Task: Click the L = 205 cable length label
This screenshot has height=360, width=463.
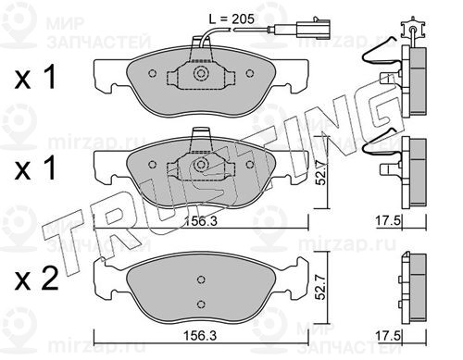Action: (x=231, y=19)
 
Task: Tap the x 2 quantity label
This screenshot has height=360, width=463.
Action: (x=36, y=279)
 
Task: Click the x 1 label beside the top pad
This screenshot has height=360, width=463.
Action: (x=35, y=77)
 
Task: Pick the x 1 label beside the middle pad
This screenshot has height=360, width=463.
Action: (x=35, y=168)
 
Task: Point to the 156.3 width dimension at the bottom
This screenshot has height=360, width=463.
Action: (x=200, y=335)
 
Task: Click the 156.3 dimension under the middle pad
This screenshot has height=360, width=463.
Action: (x=201, y=221)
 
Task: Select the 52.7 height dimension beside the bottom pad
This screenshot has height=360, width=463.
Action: (x=321, y=288)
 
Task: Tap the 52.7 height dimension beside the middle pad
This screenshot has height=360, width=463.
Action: (x=321, y=174)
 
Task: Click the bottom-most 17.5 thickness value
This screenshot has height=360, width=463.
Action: (x=388, y=336)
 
